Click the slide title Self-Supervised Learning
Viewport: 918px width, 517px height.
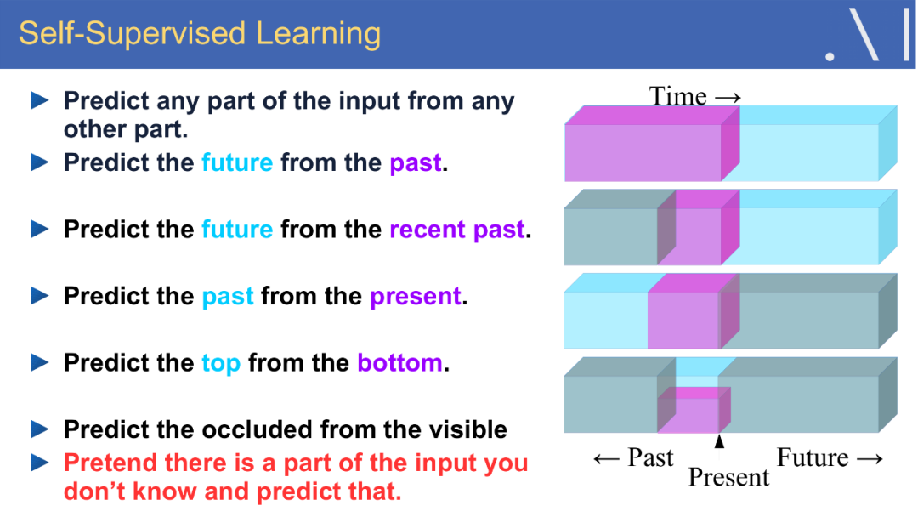pyautogui.click(x=200, y=34)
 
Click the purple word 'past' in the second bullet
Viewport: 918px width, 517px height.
pyautogui.click(x=416, y=162)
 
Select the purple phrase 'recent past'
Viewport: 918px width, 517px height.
pyautogui.click(x=457, y=230)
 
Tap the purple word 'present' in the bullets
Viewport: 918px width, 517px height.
pyautogui.click(x=416, y=297)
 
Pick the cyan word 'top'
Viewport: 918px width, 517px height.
pyautogui.click(x=221, y=363)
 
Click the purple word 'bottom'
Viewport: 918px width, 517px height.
pyautogui.click(x=399, y=363)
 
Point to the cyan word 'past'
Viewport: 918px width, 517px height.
pyautogui.click(x=228, y=297)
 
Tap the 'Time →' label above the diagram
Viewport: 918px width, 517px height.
pyautogui.click(x=694, y=96)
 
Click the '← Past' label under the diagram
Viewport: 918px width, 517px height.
pyautogui.click(x=633, y=458)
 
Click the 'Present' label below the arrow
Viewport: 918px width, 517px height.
pyautogui.click(x=728, y=478)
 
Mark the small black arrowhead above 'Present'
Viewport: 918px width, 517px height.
pyautogui.click(x=720, y=441)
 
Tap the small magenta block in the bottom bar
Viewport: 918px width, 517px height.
pyautogui.click(x=690, y=413)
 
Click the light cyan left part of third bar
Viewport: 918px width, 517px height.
pyautogui.click(x=605, y=319)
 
